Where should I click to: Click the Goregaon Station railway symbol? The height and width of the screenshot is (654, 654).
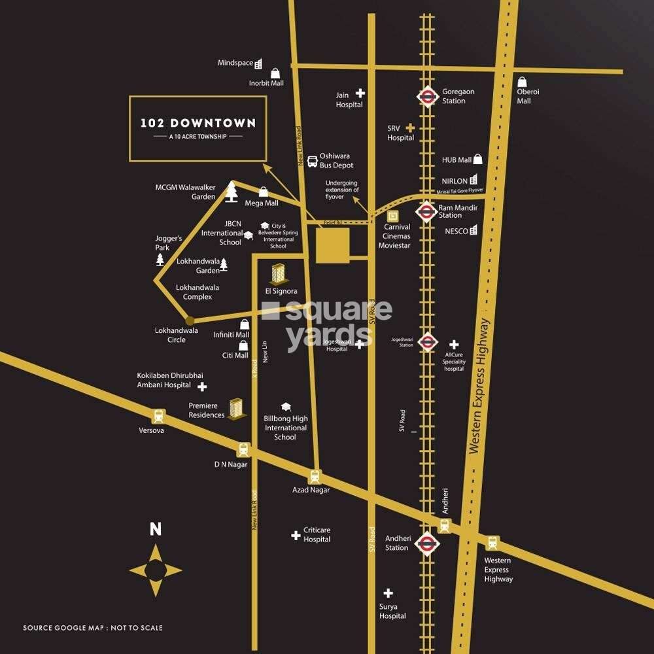[427, 97]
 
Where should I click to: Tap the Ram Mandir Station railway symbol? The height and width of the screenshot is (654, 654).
[426, 212]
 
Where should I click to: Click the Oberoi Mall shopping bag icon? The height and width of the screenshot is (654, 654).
[523, 82]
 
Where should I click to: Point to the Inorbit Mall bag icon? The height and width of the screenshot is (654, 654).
[275, 73]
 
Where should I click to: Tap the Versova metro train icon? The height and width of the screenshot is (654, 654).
[158, 416]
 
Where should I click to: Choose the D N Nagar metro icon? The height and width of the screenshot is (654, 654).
[243, 449]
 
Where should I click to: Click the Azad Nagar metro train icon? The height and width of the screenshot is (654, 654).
[315, 476]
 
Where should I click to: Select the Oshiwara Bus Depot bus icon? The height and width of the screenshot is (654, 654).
[312, 160]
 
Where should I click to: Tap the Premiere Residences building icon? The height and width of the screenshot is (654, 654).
[237, 408]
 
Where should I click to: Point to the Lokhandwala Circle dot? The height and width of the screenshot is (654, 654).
[190, 320]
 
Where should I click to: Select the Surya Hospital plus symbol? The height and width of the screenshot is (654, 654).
[388, 593]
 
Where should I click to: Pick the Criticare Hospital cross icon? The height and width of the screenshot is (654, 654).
[296, 536]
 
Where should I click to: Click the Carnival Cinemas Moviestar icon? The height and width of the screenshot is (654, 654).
[393, 216]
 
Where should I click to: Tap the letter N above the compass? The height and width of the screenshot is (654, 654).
[156, 529]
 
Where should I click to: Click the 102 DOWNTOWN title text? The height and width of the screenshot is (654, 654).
[198, 123]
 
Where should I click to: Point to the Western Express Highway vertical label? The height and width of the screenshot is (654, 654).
[483, 386]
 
